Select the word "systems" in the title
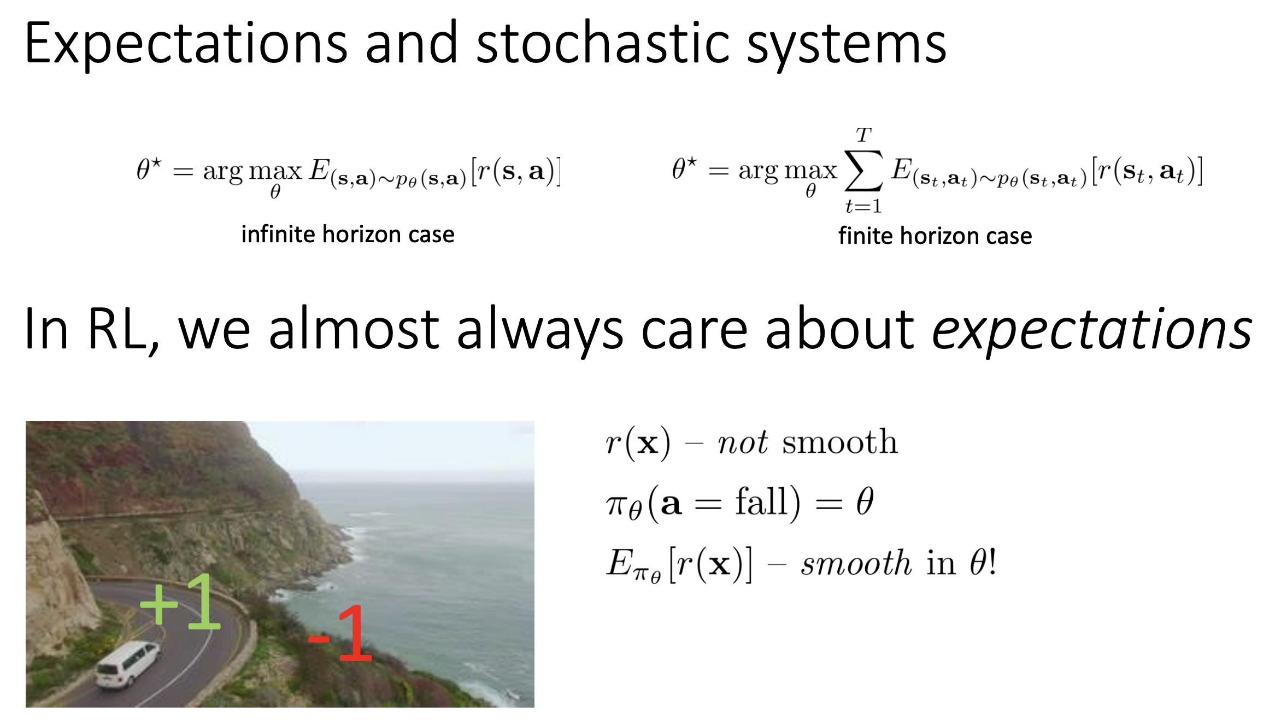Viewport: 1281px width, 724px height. [847, 46]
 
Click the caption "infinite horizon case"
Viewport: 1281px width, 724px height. [348, 234]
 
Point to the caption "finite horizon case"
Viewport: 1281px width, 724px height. [935, 236]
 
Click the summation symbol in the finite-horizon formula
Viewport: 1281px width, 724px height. [863, 171]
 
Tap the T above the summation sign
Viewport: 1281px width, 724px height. [863, 135]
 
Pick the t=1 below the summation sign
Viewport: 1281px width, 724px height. [863, 206]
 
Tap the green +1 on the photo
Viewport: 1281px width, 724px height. [180, 602]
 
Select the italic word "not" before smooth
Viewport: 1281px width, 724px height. [743, 442]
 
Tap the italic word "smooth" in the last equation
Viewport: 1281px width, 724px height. [856, 563]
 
